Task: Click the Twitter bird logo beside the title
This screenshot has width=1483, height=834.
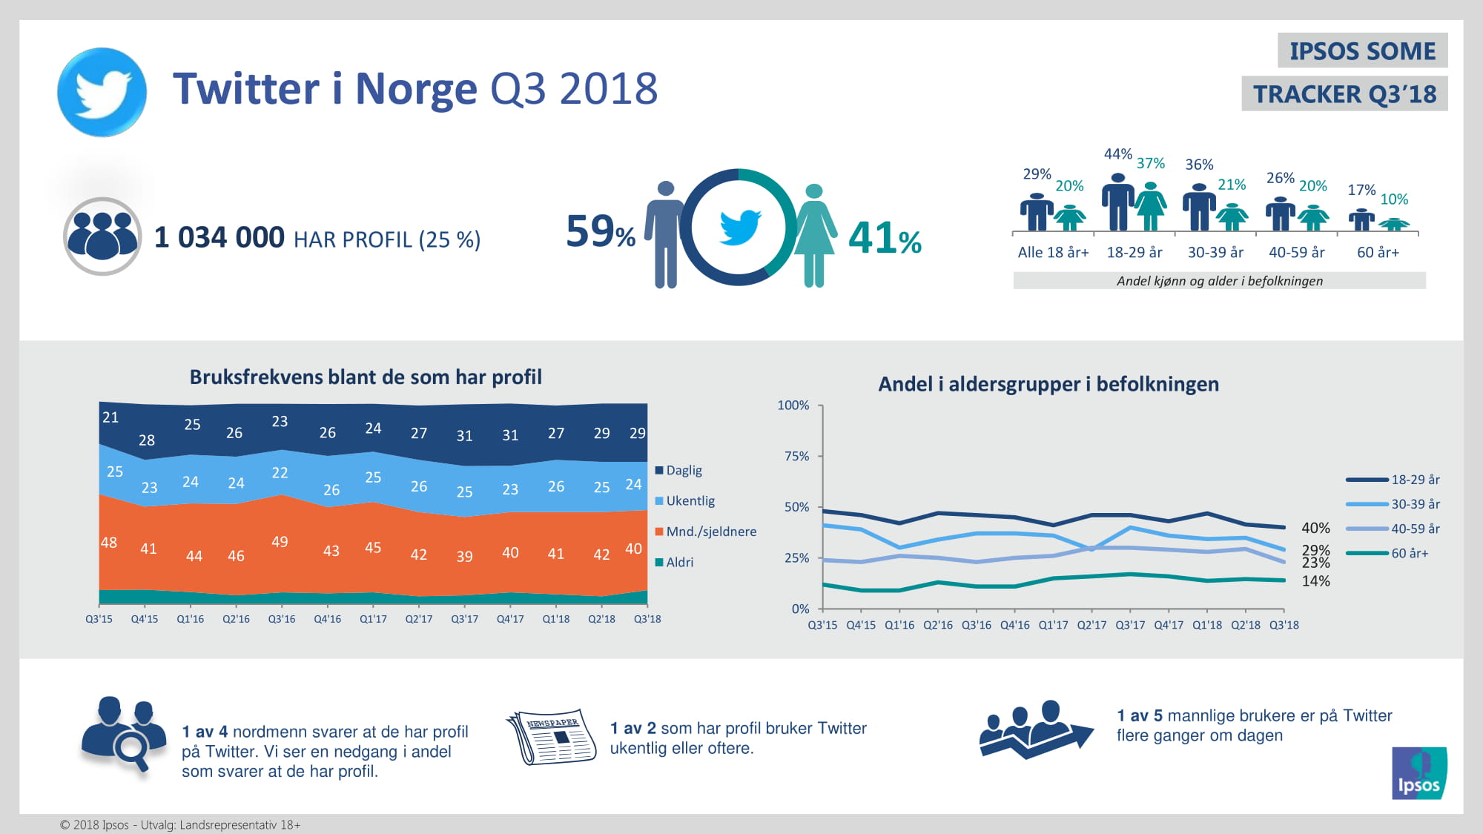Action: pyautogui.click(x=102, y=92)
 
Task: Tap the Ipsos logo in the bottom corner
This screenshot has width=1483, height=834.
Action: pyautogui.click(x=1419, y=773)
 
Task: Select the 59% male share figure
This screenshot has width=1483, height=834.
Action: pyautogui.click(x=600, y=231)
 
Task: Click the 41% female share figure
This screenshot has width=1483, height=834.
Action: pyautogui.click(x=885, y=239)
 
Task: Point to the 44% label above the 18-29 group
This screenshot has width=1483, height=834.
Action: pyautogui.click(x=1117, y=154)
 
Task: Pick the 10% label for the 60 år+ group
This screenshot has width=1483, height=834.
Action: pyautogui.click(x=1394, y=199)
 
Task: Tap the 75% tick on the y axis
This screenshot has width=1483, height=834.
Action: pyautogui.click(x=797, y=457)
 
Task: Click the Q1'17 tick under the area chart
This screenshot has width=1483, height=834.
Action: pyautogui.click(x=373, y=619)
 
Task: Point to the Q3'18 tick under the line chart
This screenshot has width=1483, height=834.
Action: pyautogui.click(x=1284, y=625)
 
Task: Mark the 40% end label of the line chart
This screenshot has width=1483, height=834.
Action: pyautogui.click(x=1316, y=528)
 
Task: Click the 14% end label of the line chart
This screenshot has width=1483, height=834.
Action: pyautogui.click(x=1316, y=581)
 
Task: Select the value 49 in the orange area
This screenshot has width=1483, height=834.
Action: pyautogui.click(x=280, y=542)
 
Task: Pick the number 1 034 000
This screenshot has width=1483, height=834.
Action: pyautogui.click(x=219, y=238)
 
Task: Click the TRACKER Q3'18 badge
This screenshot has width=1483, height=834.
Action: pyautogui.click(x=1344, y=94)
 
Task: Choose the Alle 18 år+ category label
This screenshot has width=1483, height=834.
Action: pyautogui.click(x=1053, y=253)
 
